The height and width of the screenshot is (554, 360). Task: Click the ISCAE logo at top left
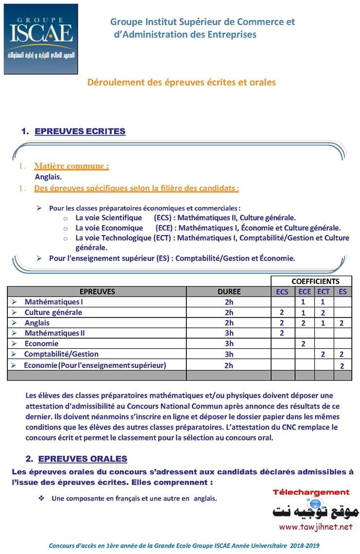click(x=41, y=39)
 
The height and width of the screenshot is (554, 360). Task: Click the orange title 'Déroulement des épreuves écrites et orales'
click(x=181, y=82)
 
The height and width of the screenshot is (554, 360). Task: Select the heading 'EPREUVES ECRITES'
click(x=80, y=131)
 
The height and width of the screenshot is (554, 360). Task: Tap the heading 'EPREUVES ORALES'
click(x=82, y=459)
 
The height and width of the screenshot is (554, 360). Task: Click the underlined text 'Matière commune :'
click(x=72, y=166)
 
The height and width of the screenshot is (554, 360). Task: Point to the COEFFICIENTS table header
click(x=315, y=281)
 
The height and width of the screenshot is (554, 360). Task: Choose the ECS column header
click(x=282, y=292)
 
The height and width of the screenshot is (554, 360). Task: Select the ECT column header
click(x=323, y=292)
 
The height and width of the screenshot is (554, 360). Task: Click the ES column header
click(x=342, y=292)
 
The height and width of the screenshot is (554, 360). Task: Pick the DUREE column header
click(x=229, y=292)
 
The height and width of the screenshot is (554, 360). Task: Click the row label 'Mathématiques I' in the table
click(x=54, y=302)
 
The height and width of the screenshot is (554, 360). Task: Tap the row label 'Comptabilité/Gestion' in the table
click(x=61, y=354)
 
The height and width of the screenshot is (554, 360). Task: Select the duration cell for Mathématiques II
click(x=229, y=333)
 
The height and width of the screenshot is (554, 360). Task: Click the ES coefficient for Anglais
click(x=342, y=323)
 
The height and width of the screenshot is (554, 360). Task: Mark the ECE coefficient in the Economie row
click(x=303, y=344)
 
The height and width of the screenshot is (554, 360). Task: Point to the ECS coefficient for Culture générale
click(x=282, y=313)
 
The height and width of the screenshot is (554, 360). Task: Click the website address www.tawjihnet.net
click(x=315, y=527)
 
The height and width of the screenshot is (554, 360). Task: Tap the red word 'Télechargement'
click(x=311, y=492)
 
